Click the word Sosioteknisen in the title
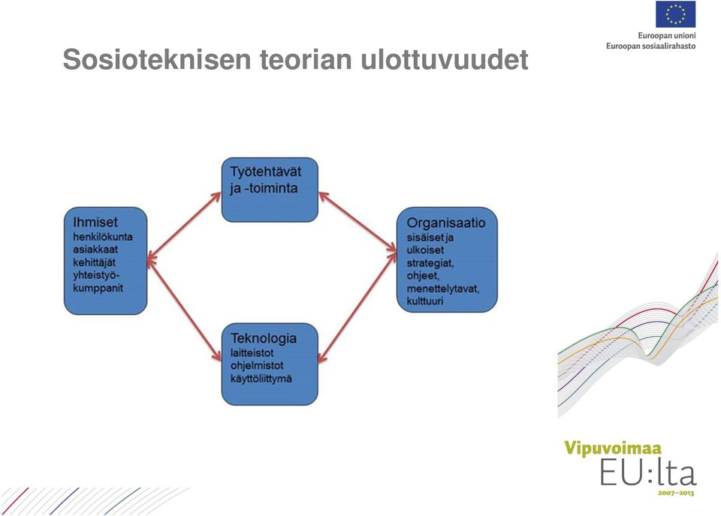tap(157, 59)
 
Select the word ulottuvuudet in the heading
tap(444, 59)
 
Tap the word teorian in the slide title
tap(306, 59)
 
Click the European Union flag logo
tap(675, 14)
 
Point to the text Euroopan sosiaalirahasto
tap(650, 46)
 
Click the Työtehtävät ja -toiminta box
tap(270, 190)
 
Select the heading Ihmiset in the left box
tap(95, 222)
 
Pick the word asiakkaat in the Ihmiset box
tap(95, 249)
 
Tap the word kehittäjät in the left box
tap(95, 262)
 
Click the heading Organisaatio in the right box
tap(446, 223)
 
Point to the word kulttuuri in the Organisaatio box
tap(425, 301)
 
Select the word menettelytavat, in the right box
tap(443, 289)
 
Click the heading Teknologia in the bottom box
tap(264, 338)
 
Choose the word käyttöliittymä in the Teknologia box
tap(261, 379)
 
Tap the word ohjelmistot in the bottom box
tap(257, 366)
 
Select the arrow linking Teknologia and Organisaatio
tap(357, 307)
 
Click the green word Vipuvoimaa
tap(613, 448)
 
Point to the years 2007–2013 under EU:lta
tap(675, 493)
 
